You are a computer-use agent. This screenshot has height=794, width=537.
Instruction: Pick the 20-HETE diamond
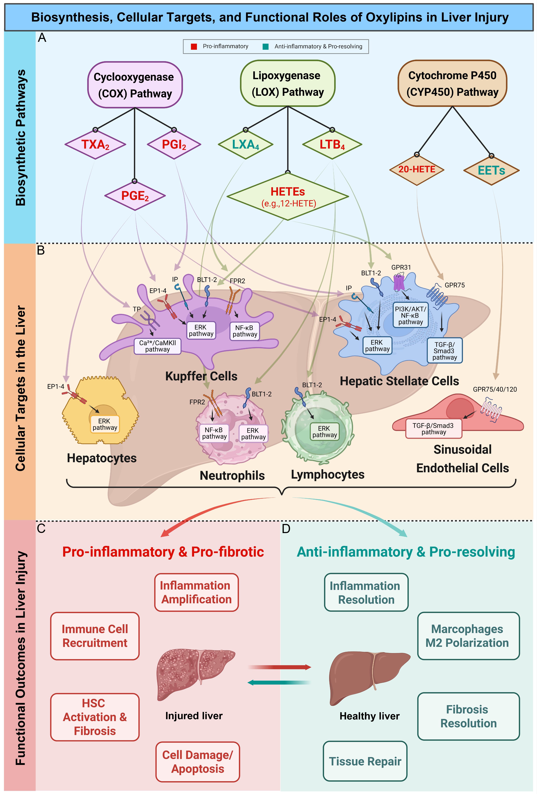click(x=417, y=169)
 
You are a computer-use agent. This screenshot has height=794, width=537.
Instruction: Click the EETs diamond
click(x=491, y=170)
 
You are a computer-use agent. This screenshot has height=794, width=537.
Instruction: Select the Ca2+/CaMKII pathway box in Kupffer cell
click(x=157, y=346)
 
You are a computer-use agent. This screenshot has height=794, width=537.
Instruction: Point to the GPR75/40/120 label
click(x=495, y=389)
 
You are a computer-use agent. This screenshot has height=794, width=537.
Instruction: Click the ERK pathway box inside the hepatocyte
click(x=105, y=424)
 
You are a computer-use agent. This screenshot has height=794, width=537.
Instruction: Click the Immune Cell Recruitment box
click(x=95, y=636)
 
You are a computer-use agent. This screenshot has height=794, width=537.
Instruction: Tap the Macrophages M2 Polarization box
click(x=468, y=636)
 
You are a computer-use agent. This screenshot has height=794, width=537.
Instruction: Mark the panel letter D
click(x=286, y=529)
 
